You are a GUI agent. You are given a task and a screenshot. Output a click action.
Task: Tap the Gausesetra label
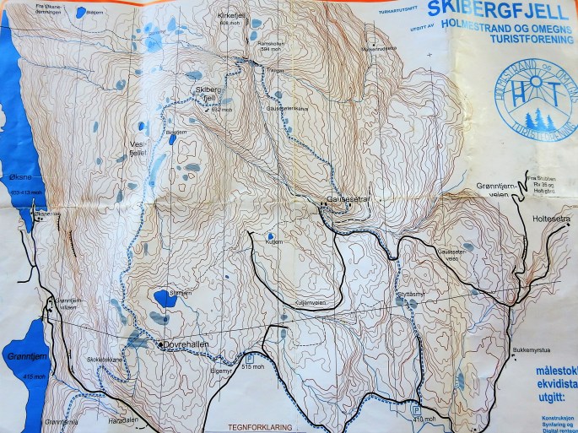(346, 200)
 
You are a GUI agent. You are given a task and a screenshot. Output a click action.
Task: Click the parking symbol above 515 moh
(249, 357)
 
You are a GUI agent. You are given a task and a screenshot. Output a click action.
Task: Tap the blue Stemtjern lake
(159, 298)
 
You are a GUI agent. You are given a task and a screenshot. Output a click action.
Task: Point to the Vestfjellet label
(138, 150)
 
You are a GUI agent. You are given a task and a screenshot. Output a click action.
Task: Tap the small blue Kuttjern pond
(270, 236)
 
